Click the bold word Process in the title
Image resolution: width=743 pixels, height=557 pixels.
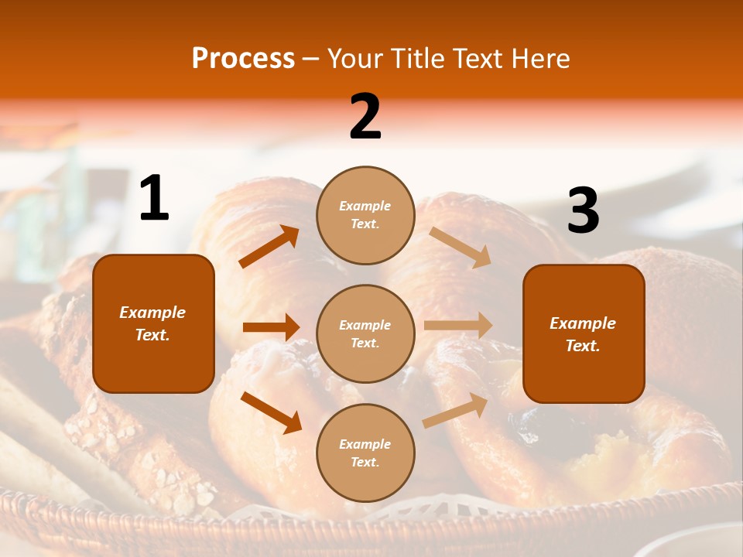coord(243,59)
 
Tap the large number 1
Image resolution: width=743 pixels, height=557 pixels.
coord(154,199)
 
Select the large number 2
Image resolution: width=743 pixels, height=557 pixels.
coord(365,117)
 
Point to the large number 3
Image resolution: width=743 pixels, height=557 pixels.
coord(583,211)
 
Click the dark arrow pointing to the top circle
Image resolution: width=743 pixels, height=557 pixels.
coord(269,247)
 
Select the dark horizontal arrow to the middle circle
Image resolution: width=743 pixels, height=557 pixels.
coord(271,327)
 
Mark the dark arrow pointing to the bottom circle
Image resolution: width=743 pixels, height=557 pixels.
coord(271,412)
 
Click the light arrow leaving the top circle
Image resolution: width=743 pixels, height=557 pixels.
coord(461,247)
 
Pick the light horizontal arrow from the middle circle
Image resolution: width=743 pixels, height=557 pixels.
coord(458,326)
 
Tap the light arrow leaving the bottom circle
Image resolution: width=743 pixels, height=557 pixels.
coord(456,410)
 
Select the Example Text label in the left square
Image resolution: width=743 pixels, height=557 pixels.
coord(152,323)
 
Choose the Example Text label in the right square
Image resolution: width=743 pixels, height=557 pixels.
coord(583,334)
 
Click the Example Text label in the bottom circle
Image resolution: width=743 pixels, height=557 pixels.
coord(365,453)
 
